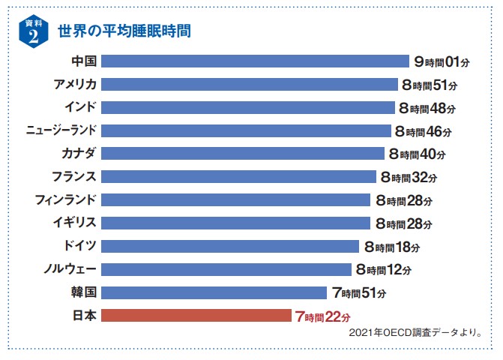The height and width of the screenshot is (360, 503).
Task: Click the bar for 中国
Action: [x=254, y=61]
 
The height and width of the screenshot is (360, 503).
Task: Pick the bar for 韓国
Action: [x=214, y=292]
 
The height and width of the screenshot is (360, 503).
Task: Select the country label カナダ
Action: [x=79, y=154]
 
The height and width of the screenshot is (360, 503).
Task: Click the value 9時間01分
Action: [x=443, y=61]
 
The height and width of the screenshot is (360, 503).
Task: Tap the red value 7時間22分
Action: [x=322, y=316]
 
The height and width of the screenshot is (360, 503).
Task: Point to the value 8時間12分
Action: [x=384, y=269]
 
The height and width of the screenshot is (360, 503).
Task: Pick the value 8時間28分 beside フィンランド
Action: [x=403, y=200]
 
